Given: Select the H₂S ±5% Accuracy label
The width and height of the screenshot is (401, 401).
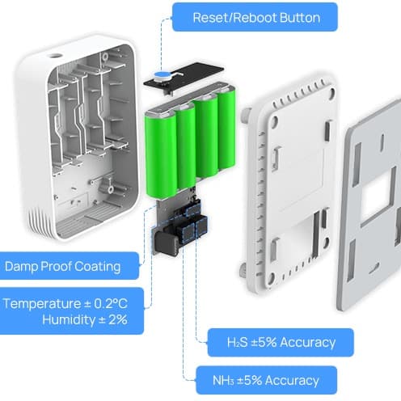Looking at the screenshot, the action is point(281,342).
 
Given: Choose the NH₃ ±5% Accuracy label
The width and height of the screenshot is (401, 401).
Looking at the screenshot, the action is point(266,380).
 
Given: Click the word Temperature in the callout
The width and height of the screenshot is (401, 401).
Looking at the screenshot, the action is point(42,304).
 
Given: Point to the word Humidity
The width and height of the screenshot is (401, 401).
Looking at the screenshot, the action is point(69,320).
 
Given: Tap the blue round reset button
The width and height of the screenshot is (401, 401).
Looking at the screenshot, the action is point(162,75).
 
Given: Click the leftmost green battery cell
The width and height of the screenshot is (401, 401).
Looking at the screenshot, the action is point(161,157).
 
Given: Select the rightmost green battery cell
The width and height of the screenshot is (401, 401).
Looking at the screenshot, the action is point(226,130).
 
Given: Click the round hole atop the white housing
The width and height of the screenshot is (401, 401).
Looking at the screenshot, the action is point(54,56).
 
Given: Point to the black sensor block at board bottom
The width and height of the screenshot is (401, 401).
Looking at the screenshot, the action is point(166,244).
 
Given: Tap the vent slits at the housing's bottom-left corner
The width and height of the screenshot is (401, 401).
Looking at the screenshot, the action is point(37,220).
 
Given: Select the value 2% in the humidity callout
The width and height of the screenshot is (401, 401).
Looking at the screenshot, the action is point(118,320).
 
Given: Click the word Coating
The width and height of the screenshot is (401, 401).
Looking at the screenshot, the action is point(97,267).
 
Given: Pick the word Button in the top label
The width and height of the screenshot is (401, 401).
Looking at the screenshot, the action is point(300,18).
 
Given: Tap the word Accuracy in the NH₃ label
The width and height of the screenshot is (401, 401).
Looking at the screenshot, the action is point(292,381).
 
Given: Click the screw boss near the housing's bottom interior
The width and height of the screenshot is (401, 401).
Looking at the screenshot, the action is point(110,189).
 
